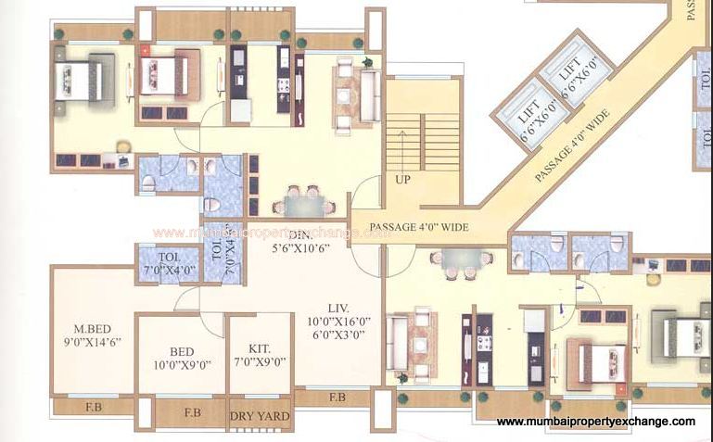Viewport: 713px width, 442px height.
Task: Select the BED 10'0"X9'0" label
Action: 182,359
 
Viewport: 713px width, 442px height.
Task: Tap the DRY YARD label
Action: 260,417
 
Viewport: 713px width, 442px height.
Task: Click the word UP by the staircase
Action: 402,179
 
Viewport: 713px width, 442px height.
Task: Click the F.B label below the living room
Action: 337,398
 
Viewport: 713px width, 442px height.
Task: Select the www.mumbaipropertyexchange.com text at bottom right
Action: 595,422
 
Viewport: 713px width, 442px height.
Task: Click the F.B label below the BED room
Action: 192,412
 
